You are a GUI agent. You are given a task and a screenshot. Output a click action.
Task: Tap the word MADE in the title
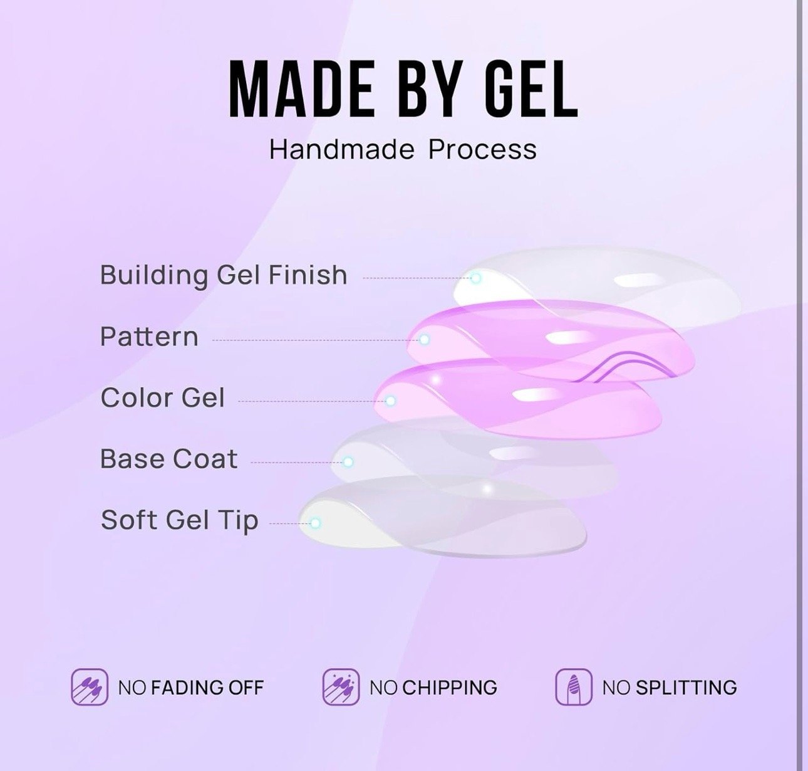pos(301,90)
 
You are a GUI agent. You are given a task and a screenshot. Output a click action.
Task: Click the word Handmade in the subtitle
pos(342,149)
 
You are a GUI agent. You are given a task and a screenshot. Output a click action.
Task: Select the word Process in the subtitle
pos(482,149)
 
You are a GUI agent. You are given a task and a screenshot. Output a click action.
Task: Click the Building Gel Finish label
pos(224,275)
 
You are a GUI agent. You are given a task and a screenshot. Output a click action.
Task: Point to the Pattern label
pos(149,337)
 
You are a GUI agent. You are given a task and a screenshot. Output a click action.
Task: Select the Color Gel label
pos(163,398)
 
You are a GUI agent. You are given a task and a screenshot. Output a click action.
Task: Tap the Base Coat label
pos(169,458)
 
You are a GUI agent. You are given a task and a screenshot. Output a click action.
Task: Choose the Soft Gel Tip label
pos(180,520)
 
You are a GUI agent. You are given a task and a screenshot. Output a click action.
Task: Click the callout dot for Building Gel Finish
pos(476,278)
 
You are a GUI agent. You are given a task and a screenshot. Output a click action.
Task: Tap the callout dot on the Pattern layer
pos(424,339)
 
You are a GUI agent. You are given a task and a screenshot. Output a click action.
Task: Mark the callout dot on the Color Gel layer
pos(390,401)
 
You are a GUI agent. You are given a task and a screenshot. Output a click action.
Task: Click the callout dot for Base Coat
pos(348,462)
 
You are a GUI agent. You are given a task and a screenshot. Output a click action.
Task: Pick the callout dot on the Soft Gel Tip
pos(315,523)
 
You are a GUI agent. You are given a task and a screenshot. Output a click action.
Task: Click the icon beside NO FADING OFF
pos(90,687)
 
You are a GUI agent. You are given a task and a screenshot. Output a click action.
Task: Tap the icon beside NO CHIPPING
pos(341,687)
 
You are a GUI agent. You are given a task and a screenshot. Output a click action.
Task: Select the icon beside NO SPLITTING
pos(574,687)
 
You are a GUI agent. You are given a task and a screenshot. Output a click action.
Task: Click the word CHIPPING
pos(450,688)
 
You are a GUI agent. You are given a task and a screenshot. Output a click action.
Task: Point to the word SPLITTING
pos(686,688)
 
